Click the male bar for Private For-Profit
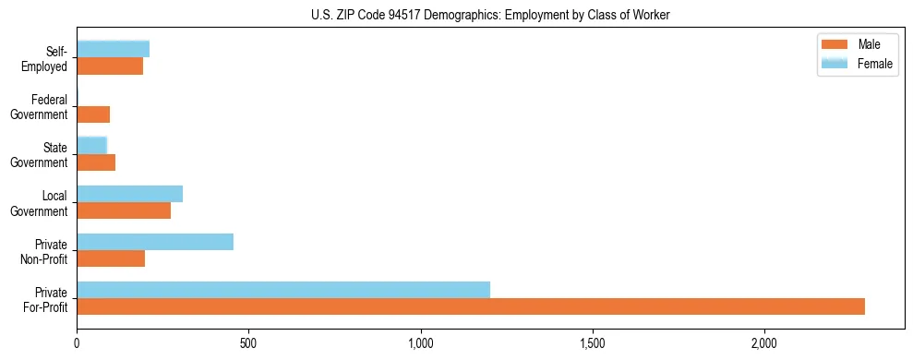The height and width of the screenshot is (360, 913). click(x=471, y=306)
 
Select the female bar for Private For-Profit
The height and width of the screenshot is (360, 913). click(x=283, y=290)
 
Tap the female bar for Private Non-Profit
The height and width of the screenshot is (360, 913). click(x=155, y=242)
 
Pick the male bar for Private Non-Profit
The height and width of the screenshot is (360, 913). click(x=111, y=258)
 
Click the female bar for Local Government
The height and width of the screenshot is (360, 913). click(x=130, y=194)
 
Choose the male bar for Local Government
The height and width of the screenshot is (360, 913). click(x=124, y=210)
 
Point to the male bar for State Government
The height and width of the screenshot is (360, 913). click(x=96, y=162)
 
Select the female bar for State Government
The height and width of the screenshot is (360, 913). click(x=92, y=146)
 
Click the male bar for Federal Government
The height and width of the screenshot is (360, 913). click(x=93, y=114)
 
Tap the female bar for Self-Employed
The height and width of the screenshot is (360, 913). click(x=114, y=50)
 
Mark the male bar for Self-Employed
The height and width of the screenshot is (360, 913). click(x=110, y=66)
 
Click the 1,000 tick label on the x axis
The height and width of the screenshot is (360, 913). click(x=421, y=343)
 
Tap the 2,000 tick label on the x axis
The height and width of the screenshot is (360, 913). click(x=764, y=343)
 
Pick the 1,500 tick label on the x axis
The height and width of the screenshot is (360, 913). click(x=593, y=343)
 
